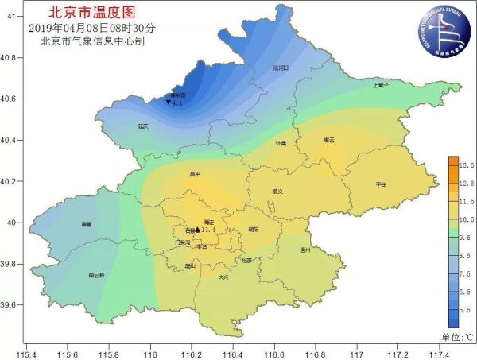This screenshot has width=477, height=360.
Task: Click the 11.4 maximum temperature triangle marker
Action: (x=197, y=230)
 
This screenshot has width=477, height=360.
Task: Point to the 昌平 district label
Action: (x=196, y=173)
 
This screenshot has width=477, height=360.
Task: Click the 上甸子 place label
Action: (x=380, y=85)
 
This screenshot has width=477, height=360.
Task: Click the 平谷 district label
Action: (x=380, y=184)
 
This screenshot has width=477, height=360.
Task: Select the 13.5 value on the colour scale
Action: (x=466, y=165)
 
